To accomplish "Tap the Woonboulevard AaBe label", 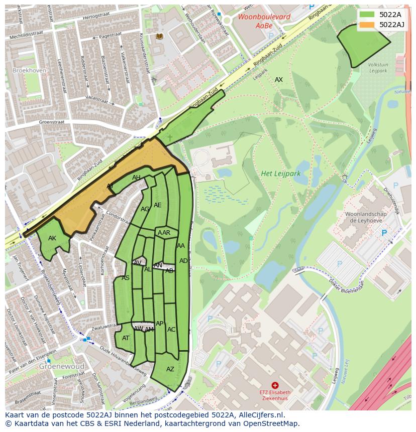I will pos(257,21).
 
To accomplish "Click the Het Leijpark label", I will pos(280,174).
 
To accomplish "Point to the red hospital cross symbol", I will pos(275,385).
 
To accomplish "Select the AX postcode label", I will pos(278,80).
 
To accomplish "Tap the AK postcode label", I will pos(52,238).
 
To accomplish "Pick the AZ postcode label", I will pos(170,369).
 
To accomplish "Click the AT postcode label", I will pos(126,338).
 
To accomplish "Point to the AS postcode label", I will pos(126,278).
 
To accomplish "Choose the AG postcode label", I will pos(145,209).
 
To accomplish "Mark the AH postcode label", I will pos(136,178).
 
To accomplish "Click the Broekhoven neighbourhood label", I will pos(29,71).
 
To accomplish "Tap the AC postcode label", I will pos(171,330).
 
